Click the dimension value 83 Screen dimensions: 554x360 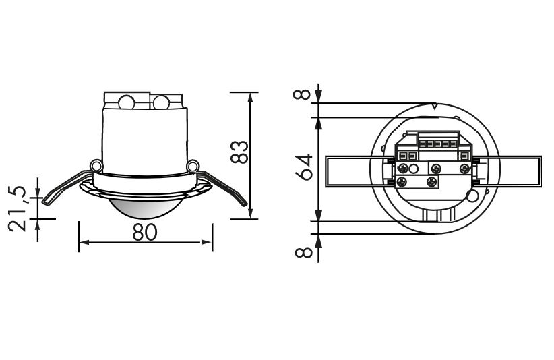(x=239, y=152)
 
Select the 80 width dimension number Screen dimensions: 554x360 (x=145, y=233)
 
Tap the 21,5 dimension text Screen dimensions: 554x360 (x=18, y=209)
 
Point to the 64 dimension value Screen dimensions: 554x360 (x=304, y=167)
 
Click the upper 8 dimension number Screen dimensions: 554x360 (x=303, y=94)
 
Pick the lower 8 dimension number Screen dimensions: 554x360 (x=303, y=252)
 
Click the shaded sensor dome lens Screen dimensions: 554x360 (x=145, y=209)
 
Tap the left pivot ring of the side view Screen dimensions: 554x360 (x=96, y=166)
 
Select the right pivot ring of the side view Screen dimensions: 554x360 (x=193, y=166)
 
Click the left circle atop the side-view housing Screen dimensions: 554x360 (x=127, y=102)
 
